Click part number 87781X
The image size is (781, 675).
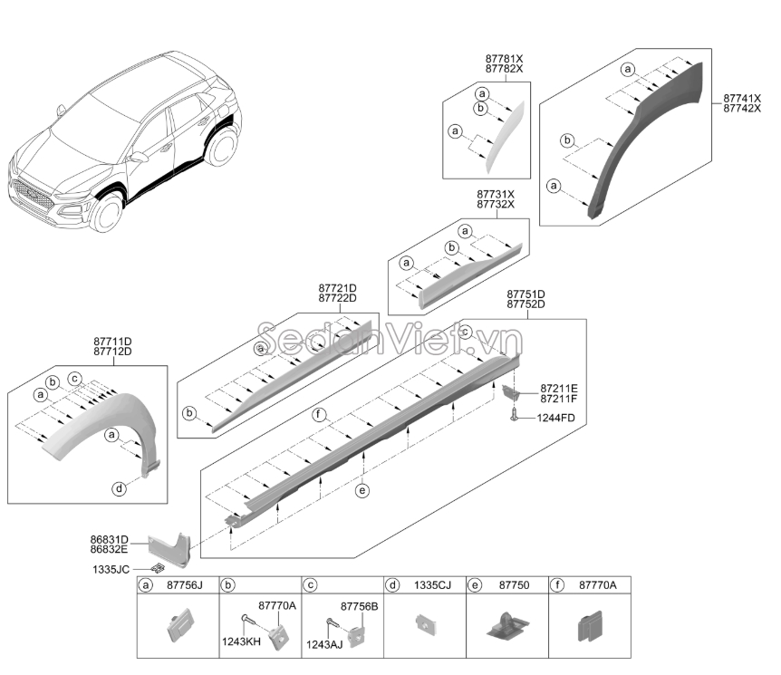point(504,58)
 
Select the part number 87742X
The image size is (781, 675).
point(743,108)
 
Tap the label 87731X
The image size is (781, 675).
point(496,194)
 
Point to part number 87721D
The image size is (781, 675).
point(337,287)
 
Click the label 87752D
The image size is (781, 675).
point(525,305)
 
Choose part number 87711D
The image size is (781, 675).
point(112,342)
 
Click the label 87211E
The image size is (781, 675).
point(559,387)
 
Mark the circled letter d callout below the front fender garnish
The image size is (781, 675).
point(119,489)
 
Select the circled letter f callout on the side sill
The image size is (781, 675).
point(319,416)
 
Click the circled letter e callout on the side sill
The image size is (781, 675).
point(362,490)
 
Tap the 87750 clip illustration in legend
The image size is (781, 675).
point(506,627)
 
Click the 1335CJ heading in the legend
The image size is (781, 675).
point(432,586)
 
